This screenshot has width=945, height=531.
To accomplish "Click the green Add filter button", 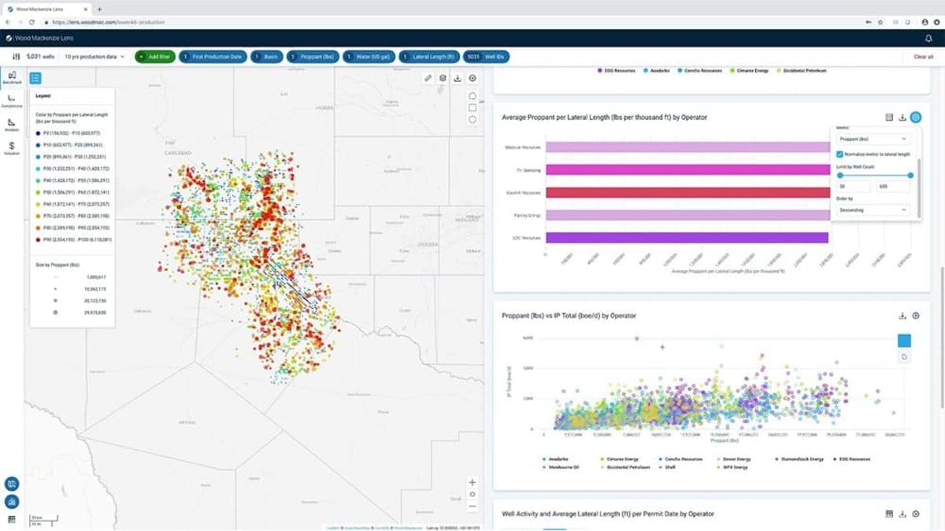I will [154, 57].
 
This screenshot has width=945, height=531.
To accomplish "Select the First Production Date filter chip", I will [213, 57].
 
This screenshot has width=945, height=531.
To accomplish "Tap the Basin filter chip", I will [268, 57].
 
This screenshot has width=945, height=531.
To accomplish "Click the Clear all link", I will [923, 57].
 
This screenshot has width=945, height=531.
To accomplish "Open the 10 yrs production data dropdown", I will [94, 57].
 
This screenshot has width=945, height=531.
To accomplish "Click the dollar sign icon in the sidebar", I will [12, 147].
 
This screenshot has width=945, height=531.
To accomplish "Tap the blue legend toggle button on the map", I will [35, 78].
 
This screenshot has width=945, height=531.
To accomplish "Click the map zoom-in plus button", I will [472, 482].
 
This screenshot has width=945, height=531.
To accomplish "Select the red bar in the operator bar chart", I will [685, 192].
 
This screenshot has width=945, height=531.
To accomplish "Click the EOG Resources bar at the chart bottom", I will [685, 237].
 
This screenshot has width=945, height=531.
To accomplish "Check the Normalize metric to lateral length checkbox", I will [839, 154].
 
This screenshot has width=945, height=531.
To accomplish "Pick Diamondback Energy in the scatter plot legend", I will [802, 459].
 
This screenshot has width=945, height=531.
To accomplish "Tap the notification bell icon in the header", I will [928, 38].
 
